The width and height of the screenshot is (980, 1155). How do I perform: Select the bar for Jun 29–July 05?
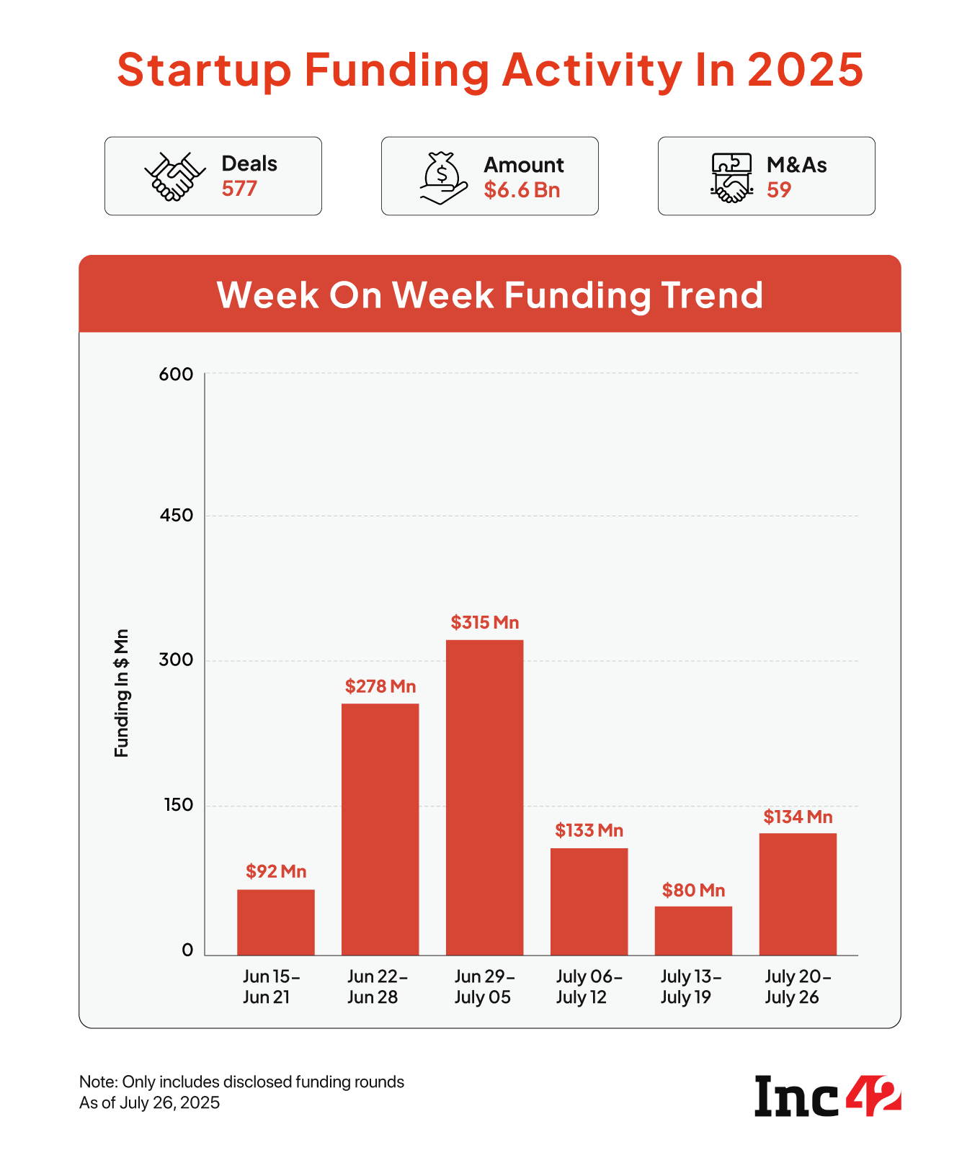click(484, 797)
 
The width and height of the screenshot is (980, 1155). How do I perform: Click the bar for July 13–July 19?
click(693, 930)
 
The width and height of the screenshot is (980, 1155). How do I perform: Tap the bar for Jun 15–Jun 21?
click(276, 922)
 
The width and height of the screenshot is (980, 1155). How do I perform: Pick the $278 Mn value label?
click(380, 686)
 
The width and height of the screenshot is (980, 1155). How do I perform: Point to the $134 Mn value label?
click(798, 817)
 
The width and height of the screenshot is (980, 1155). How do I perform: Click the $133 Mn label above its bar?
click(589, 831)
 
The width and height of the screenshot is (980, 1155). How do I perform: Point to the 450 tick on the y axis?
click(177, 516)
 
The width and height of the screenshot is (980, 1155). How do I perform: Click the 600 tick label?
click(177, 374)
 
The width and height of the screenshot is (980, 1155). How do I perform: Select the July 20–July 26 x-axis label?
click(798, 987)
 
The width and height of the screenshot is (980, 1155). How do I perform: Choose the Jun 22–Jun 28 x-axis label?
click(378, 987)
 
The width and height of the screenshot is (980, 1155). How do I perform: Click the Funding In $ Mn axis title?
click(121, 693)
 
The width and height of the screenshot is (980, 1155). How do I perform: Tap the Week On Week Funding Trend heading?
click(490, 295)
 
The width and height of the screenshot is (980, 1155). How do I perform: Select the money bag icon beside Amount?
click(443, 178)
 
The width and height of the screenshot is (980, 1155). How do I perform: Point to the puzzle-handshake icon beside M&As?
click(731, 178)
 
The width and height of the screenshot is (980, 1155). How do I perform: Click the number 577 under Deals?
click(239, 189)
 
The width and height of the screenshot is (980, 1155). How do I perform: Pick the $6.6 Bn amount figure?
click(522, 190)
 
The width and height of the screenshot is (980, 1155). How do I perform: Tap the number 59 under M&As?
click(779, 190)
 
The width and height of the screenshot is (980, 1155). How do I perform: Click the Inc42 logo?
click(827, 1095)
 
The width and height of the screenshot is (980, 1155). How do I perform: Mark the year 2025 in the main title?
click(805, 71)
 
